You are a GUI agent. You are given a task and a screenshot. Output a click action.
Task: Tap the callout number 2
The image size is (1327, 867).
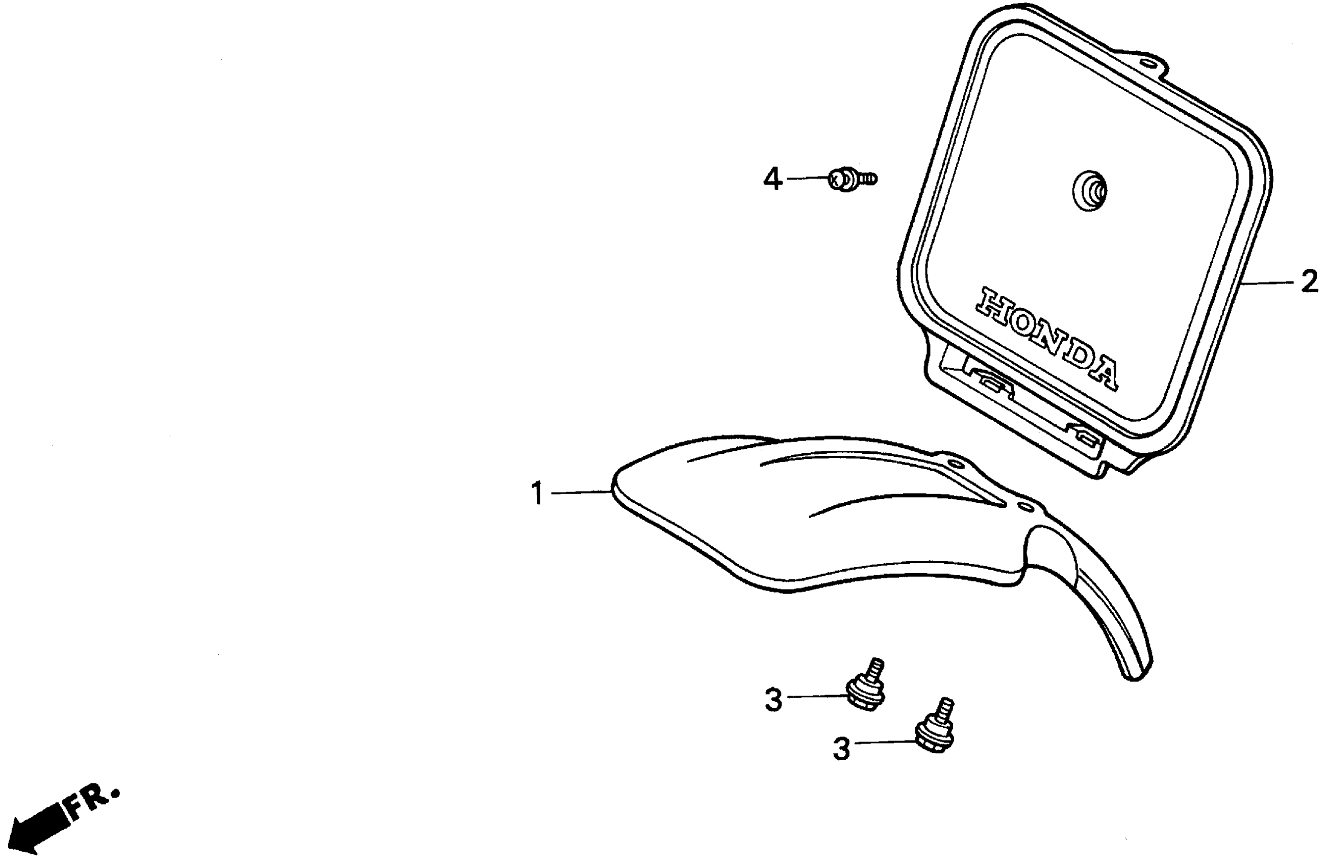(1309, 283)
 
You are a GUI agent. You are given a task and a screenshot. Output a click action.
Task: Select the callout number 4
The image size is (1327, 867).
(772, 180)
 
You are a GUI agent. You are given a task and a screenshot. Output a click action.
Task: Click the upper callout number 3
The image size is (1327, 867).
(773, 700)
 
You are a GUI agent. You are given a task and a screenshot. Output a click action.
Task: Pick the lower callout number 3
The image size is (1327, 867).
(841, 749)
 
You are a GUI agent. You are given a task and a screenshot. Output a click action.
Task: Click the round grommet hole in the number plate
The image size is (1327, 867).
(1089, 191)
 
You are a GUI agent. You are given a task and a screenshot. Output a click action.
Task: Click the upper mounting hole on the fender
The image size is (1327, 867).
(956, 464)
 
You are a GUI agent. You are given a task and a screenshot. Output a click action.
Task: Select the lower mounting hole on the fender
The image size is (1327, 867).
(1025, 506)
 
